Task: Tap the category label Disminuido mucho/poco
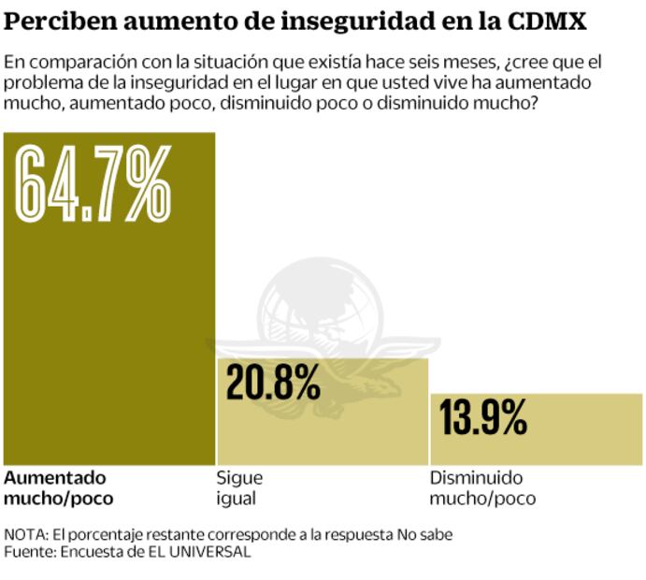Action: tap(482, 487)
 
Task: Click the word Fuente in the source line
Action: tap(29, 552)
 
